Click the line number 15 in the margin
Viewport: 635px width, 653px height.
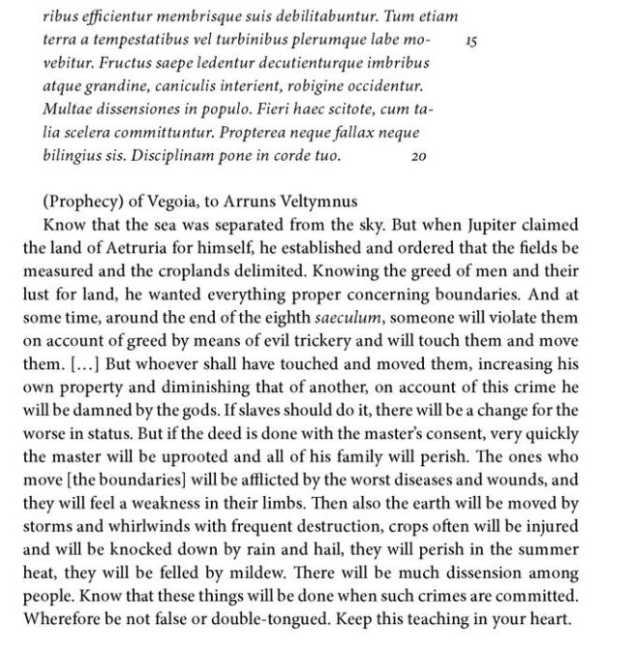pos(472,44)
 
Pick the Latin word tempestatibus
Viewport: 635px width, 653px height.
pos(158,45)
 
